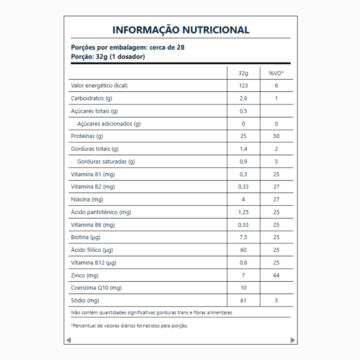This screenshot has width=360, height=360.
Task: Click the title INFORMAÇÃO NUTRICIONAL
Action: (180, 30)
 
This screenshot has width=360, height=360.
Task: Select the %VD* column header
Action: (276, 73)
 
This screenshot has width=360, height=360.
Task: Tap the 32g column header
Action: (243, 73)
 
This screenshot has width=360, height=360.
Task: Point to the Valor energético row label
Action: (97, 85)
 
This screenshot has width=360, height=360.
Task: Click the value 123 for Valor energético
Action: (243, 85)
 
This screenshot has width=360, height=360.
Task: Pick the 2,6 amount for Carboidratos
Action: (243, 98)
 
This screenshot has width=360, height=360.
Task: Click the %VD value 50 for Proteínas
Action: (276, 136)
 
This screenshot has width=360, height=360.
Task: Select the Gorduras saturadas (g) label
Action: (106, 161)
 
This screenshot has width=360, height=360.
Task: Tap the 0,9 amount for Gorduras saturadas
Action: (243, 161)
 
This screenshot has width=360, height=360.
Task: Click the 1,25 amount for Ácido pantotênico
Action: (243, 211)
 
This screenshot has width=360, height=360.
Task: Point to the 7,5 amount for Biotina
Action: (243, 237)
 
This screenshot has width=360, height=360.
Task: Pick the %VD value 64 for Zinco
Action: (276, 274)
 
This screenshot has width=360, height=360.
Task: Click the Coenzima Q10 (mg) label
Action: (96, 287)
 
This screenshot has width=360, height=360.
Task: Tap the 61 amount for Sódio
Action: (243, 300)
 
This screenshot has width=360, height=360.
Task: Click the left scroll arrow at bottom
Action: (68, 340)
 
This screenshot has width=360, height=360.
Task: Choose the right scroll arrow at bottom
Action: (292, 340)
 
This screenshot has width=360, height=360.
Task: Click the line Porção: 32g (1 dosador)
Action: (108, 57)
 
